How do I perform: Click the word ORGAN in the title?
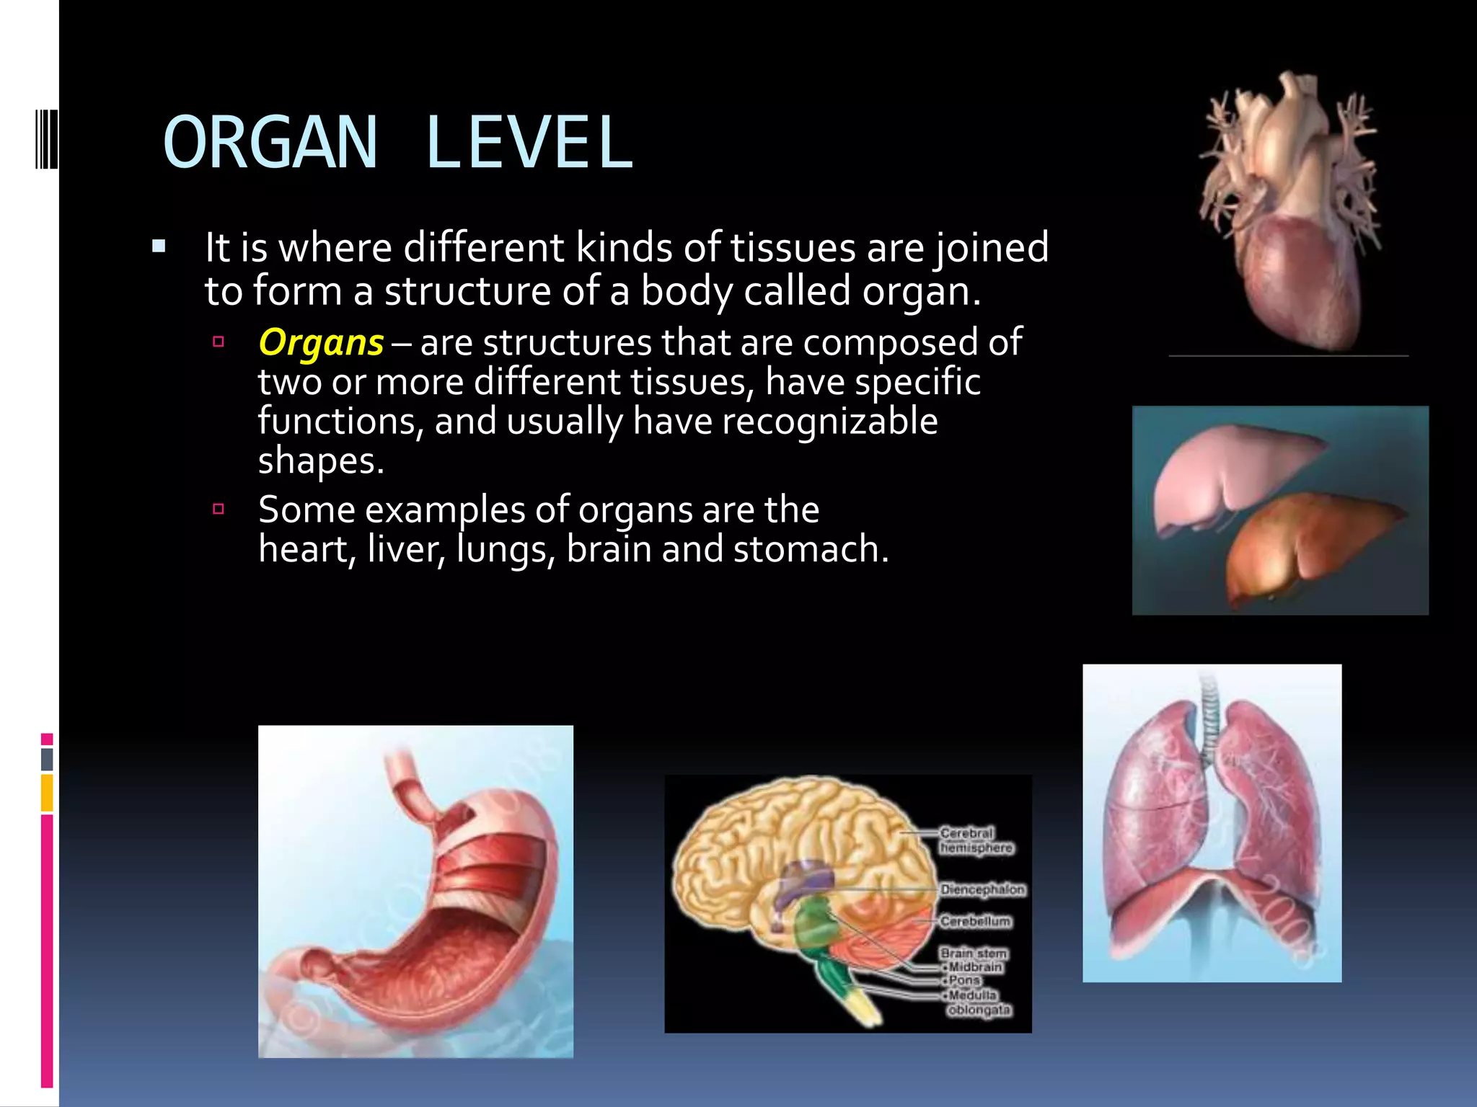coord(270,143)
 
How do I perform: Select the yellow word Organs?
coord(321,342)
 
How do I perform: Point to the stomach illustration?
coord(416,892)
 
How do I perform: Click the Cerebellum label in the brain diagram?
coord(975,922)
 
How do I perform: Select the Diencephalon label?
coord(982,890)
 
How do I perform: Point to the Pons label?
coord(965,981)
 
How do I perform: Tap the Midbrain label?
coord(975,967)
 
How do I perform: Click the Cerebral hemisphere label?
coord(975,840)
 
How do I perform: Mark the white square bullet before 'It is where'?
coord(159,248)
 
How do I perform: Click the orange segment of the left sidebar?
coord(47,793)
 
